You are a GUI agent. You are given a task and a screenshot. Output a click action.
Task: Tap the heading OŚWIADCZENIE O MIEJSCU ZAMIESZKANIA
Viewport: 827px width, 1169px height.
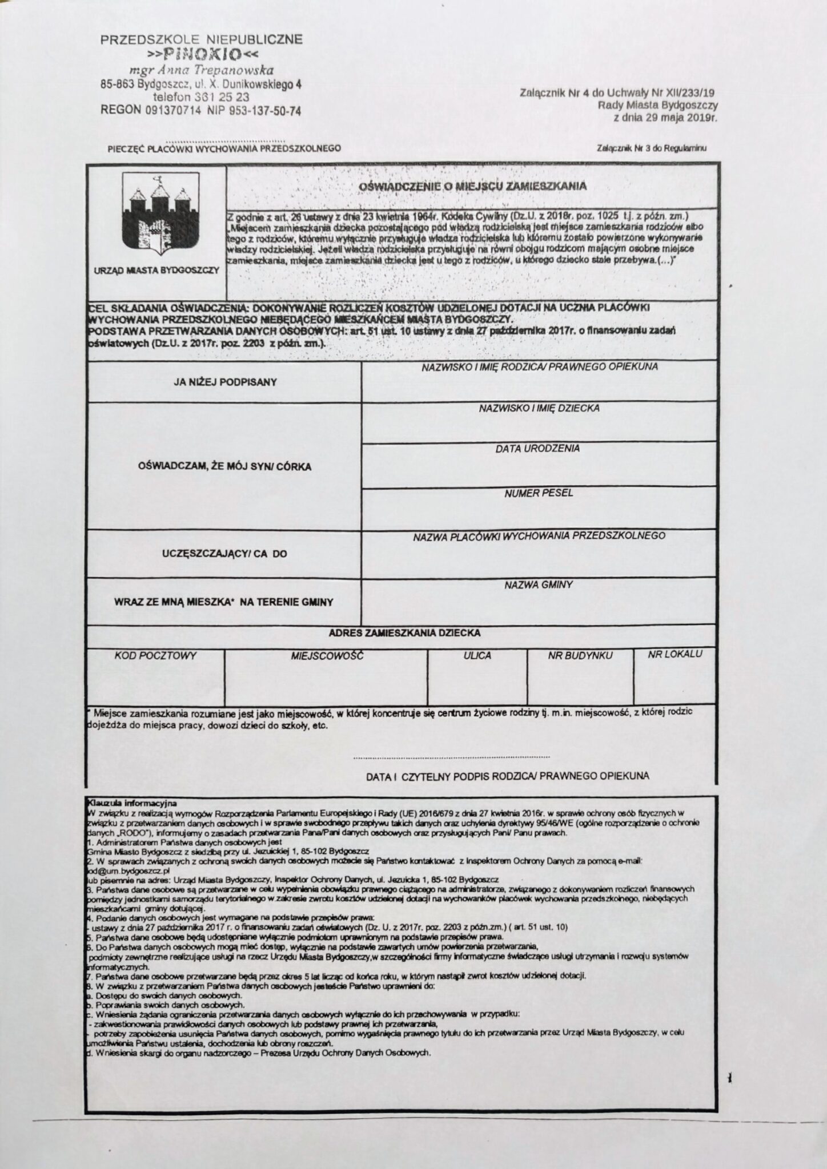[x=472, y=186]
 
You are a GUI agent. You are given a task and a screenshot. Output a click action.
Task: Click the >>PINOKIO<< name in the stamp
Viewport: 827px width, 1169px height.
[x=203, y=55]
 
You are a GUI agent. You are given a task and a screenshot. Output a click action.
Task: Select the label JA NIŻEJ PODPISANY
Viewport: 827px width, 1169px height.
[x=225, y=382]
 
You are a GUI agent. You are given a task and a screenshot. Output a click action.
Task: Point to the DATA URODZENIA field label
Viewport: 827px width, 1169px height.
[x=537, y=449]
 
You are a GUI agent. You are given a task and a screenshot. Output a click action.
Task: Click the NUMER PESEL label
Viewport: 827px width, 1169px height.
[x=539, y=493]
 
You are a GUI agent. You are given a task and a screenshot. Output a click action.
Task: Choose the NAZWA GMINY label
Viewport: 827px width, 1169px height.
[x=539, y=585]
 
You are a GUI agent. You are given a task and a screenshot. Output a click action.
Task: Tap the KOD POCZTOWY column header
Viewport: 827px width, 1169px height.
[x=156, y=656]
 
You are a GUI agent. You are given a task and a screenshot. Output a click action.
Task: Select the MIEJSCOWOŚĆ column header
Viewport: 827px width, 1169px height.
[x=327, y=656]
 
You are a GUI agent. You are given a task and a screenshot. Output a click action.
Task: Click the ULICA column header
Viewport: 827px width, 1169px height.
[x=477, y=656]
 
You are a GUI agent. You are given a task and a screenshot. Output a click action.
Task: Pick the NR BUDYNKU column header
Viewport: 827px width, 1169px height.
[x=580, y=656]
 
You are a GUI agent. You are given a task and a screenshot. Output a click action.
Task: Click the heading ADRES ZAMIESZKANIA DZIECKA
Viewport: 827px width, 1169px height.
[x=404, y=632]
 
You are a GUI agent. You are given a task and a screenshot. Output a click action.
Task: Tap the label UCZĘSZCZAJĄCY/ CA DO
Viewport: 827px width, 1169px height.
[x=225, y=554]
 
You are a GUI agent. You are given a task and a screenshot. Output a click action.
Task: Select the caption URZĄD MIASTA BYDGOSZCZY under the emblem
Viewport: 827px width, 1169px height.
[x=156, y=270]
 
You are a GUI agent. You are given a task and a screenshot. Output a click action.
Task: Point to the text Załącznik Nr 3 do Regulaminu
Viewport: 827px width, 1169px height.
[x=651, y=148]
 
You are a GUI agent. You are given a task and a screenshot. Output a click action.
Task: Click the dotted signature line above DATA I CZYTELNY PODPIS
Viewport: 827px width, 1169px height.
[x=451, y=757]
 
